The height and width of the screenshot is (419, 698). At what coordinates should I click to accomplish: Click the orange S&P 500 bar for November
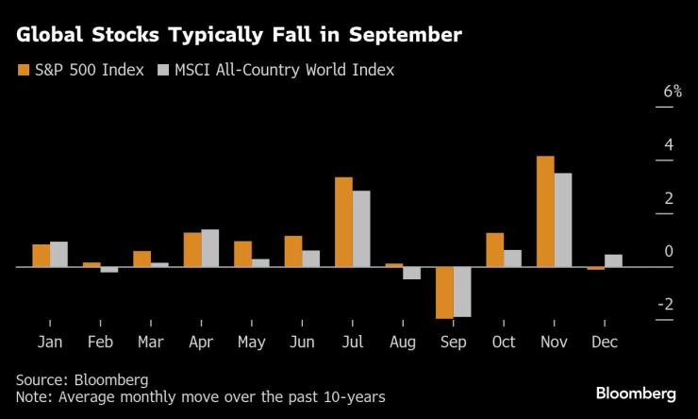(545, 211)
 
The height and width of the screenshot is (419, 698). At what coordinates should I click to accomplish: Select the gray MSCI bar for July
(360, 229)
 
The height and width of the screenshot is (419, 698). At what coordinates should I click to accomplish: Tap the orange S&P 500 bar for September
(444, 293)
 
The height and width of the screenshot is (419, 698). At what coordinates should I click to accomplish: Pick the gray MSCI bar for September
(462, 292)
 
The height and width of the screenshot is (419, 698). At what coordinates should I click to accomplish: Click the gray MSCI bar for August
(411, 273)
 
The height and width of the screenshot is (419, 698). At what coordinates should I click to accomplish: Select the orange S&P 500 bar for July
(343, 222)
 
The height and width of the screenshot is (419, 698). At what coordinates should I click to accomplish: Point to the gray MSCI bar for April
(209, 248)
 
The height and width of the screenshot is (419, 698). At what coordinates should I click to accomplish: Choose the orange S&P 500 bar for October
(495, 250)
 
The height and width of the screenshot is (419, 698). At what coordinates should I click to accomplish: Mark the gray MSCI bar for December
(613, 260)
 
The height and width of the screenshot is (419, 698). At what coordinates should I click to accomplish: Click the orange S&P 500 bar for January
(41, 256)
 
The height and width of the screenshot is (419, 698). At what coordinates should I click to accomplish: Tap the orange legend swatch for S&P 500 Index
(23, 70)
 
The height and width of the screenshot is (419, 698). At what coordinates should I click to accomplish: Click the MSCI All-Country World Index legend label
(284, 70)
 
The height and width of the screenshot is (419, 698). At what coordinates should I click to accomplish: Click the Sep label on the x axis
(453, 342)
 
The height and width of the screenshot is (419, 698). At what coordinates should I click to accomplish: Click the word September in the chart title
(401, 37)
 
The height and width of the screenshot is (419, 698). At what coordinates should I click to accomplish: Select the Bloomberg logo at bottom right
(635, 392)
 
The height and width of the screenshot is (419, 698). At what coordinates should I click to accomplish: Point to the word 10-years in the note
(349, 396)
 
